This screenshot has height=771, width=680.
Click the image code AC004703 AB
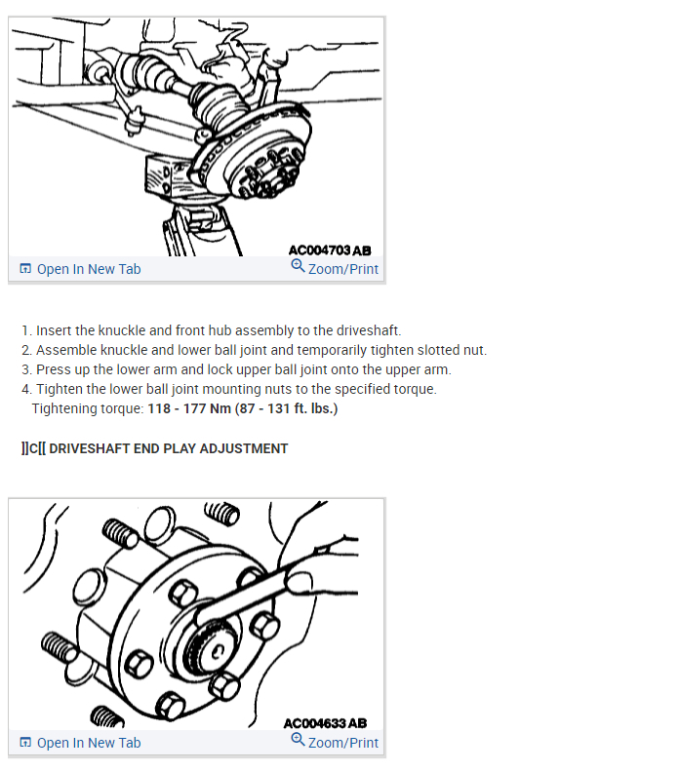(330, 250)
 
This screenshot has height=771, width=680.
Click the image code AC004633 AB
(325, 723)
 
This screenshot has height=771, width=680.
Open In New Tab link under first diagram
(88, 269)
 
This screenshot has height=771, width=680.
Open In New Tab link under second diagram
(88, 743)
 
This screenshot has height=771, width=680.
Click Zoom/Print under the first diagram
(342, 269)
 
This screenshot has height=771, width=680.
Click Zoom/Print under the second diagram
(342, 743)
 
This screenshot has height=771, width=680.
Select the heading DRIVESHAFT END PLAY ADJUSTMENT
(168, 448)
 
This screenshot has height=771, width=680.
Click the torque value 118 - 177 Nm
(188, 408)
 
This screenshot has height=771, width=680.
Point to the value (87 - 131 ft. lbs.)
(286, 408)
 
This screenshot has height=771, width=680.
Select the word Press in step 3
(54, 369)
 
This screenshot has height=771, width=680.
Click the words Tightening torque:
(87, 408)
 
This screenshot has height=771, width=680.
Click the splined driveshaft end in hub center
(213, 651)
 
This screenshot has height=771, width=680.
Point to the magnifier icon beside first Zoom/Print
(298, 266)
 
